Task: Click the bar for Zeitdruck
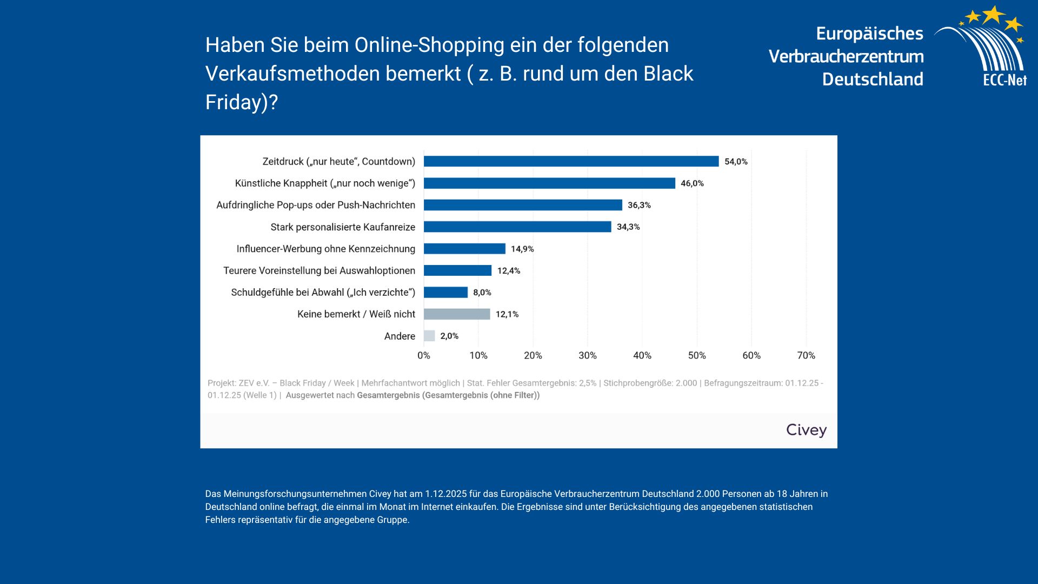(571, 161)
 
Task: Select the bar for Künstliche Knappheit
(549, 183)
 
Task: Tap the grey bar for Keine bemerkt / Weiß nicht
(457, 314)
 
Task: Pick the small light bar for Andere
(429, 336)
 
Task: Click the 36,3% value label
(639, 205)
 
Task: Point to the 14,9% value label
(522, 249)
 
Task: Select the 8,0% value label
(482, 293)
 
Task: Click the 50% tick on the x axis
(696, 355)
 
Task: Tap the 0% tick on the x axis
(423, 355)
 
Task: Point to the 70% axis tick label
(806, 355)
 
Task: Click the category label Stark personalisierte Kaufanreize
(343, 227)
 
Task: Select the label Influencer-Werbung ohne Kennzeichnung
(325, 249)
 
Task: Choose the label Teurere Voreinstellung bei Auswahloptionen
(319, 270)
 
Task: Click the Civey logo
(806, 430)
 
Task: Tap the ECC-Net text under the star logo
(1004, 80)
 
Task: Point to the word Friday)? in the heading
(241, 102)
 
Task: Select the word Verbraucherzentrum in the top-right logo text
(846, 56)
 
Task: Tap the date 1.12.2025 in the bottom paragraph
(445, 494)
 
